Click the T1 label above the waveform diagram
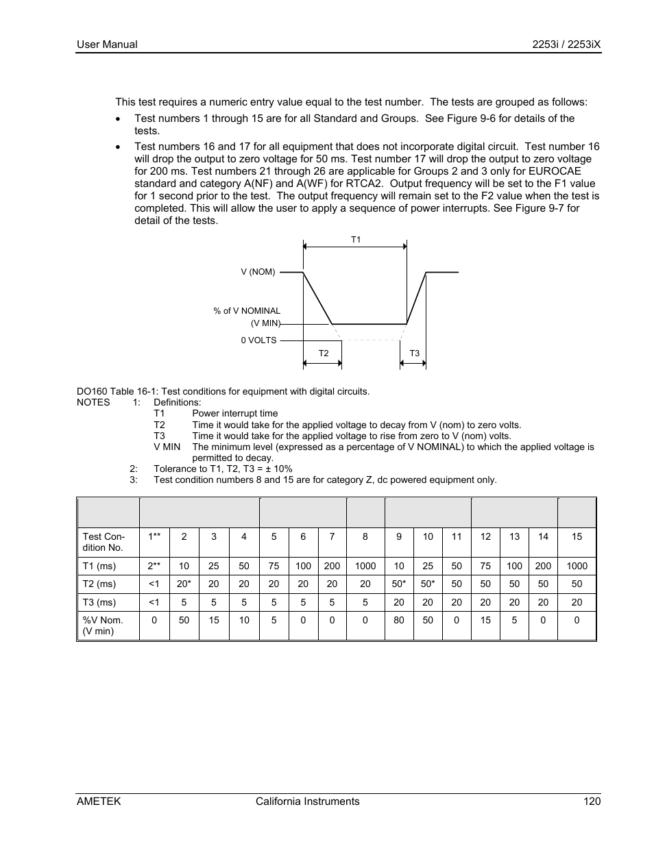pyautogui.click(x=356, y=240)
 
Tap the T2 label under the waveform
pyautogui.click(x=324, y=353)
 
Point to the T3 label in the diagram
pyautogui.click(x=414, y=353)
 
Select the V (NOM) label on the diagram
pyautogui.click(x=258, y=272)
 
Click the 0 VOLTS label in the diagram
pyautogui.click(x=258, y=340)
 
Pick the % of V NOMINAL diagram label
pyautogui.click(x=247, y=311)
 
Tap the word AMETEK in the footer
pyautogui.click(x=99, y=801)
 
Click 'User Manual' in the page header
pyautogui.click(x=107, y=45)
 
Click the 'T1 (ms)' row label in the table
pyautogui.click(x=99, y=566)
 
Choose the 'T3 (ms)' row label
pyautogui.click(x=99, y=602)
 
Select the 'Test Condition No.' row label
pyautogui.click(x=104, y=542)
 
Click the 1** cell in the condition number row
pyautogui.click(x=154, y=536)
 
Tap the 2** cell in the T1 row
pyautogui.click(x=154, y=566)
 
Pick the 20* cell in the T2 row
pyautogui.click(x=184, y=584)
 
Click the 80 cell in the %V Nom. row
pyautogui.click(x=399, y=620)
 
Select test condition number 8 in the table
pyautogui.click(x=365, y=536)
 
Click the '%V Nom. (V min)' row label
pyautogui.click(x=103, y=625)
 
